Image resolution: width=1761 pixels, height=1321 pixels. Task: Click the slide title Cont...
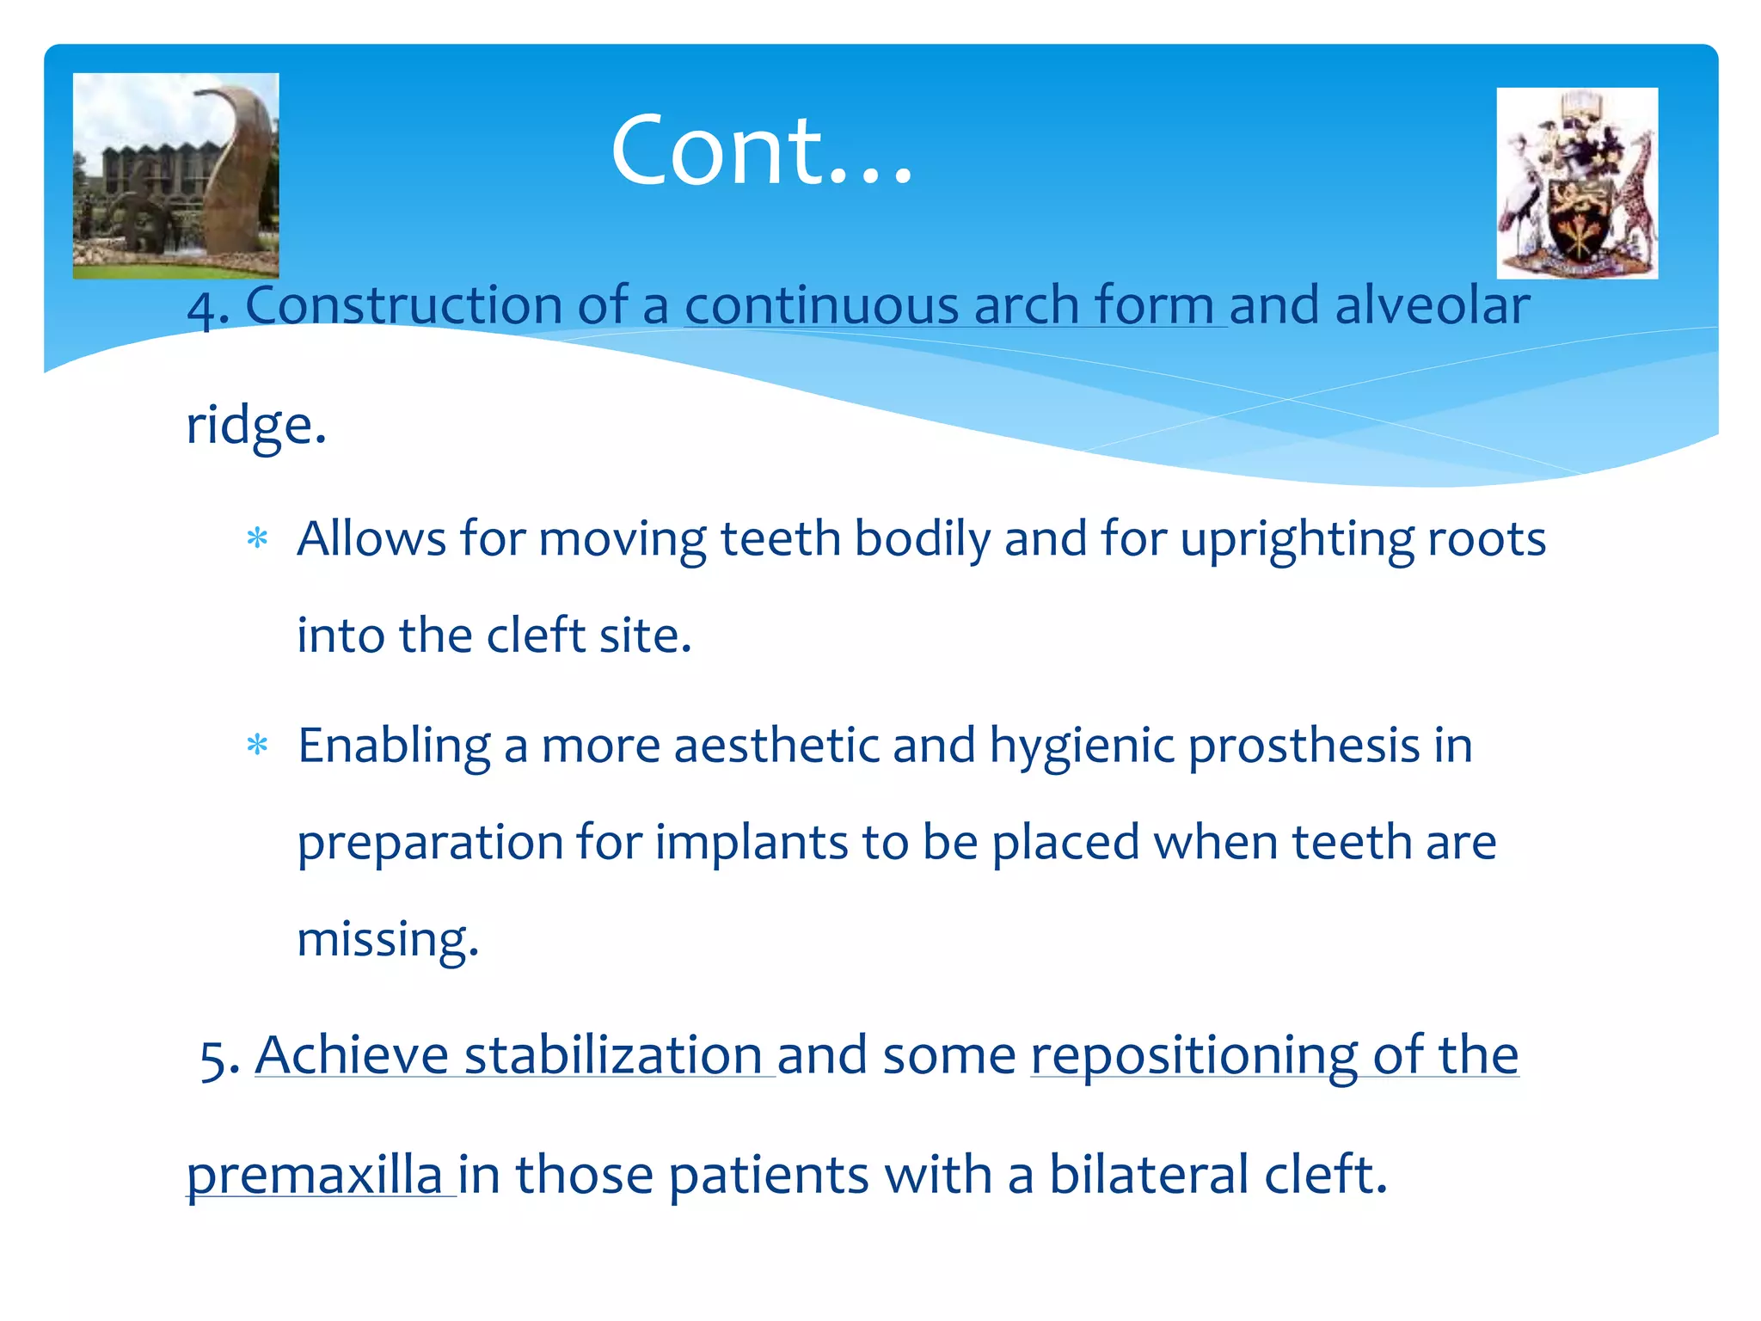[x=761, y=151]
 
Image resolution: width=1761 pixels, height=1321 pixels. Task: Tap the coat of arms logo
[x=1577, y=183]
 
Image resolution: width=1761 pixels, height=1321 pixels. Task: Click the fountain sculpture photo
[x=175, y=175]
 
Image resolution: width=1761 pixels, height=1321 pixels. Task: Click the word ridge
[x=255, y=425]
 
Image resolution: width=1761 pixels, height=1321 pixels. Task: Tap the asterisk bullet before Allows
[x=257, y=540]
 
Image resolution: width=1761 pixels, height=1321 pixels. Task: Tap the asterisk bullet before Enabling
[x=257, y=746]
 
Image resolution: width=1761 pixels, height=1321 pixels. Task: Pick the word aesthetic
[x=776, y=746]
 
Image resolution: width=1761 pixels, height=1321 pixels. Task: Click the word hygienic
[x=1081, y=746]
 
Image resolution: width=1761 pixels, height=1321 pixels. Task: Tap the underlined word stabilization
[x=612, y=1055]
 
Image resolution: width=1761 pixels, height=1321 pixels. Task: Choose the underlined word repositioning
[x=1193, y=1055]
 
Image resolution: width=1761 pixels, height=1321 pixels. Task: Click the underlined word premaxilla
[x=314, y=1175]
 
